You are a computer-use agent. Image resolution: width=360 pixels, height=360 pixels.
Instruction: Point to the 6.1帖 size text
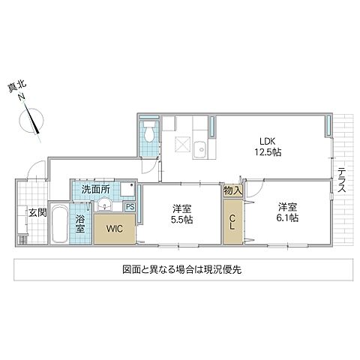click(287, 217)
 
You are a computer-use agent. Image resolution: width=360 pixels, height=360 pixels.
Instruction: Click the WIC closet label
click(114, 227)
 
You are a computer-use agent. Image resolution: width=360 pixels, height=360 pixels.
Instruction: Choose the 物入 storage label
click(233, 191)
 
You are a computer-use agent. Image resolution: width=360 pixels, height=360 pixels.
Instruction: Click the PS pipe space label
click(130, 208)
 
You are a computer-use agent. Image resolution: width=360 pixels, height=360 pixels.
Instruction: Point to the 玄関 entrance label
click(37, 212)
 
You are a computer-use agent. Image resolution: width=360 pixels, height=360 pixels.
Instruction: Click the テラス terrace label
click(341, 179)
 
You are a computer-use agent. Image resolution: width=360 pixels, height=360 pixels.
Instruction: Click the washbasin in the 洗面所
click(106, 205)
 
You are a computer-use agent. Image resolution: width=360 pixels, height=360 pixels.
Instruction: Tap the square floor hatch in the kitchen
click(180, 145)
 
